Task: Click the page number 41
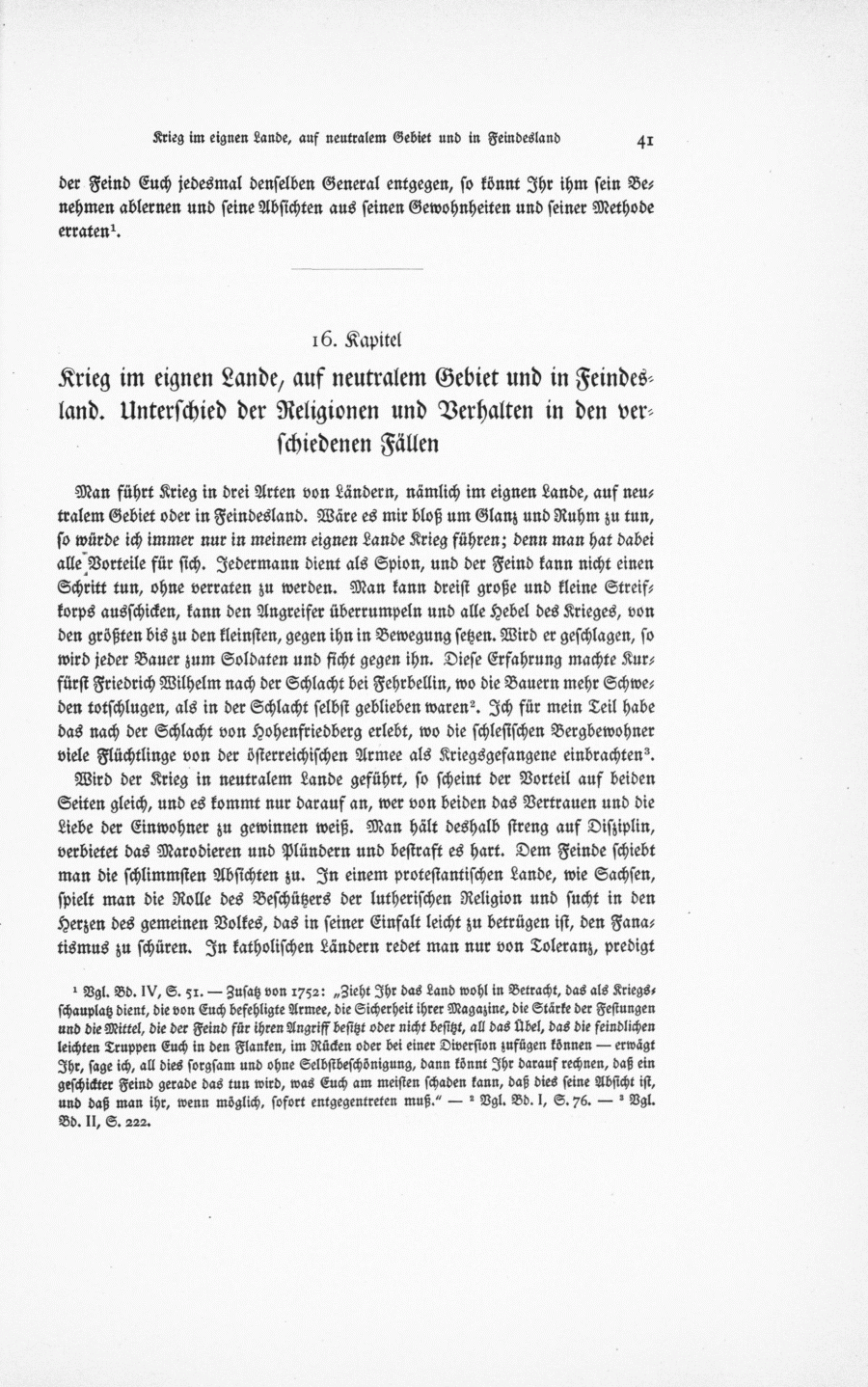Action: [x=646, y=140]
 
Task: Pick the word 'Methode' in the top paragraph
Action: [x=619, y=208]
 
